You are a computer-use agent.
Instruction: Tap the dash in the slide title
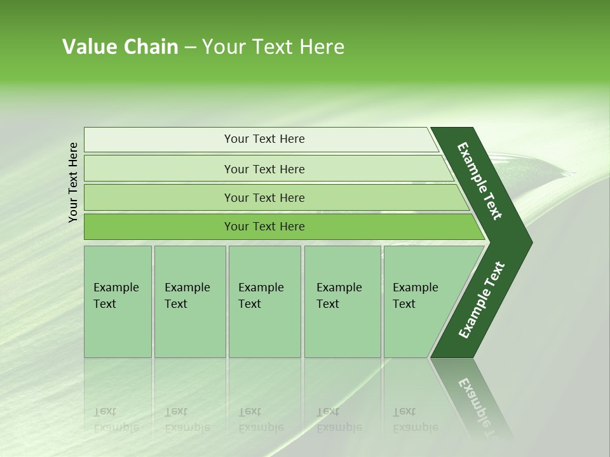coord(190,48)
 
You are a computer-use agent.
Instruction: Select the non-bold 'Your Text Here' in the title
coord(273,47)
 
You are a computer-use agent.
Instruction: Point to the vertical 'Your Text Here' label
coord(73,182)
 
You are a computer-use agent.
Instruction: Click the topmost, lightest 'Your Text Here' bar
coord(264,139)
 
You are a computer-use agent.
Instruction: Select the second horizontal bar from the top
coord(264,169)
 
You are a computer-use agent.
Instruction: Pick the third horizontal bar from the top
coord(264,197)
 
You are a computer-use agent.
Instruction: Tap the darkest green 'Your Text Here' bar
coord(264,227)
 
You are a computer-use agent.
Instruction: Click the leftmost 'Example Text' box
coord(118,301)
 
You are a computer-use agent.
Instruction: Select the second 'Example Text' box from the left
coord(189,301)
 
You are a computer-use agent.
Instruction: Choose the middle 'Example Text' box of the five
coord(264,301)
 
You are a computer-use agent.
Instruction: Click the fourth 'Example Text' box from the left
coord(342,301)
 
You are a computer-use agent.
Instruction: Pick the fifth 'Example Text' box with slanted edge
coord(419,301)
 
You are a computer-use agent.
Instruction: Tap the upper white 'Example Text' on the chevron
coord(480,181)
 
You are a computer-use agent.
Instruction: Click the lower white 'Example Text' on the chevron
coord(482,300)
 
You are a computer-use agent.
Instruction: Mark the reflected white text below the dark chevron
coord(477,400)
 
